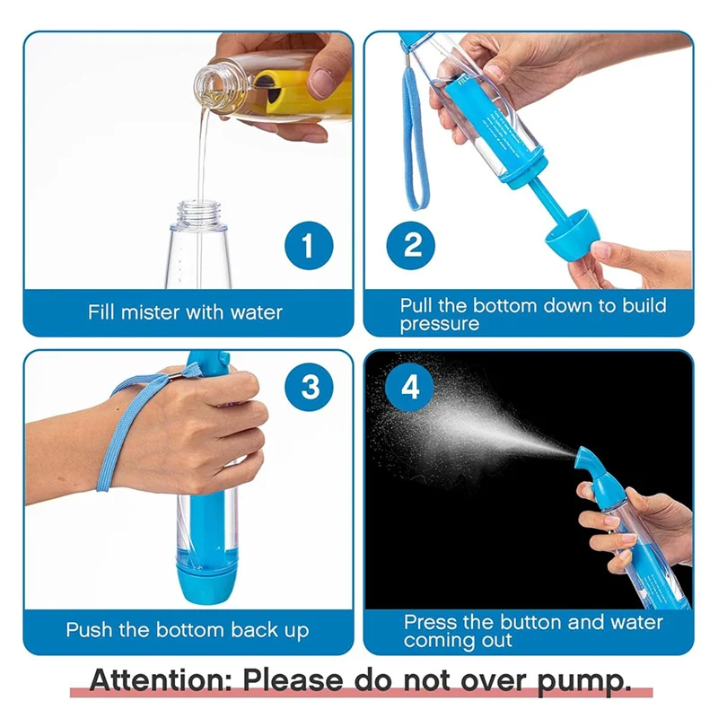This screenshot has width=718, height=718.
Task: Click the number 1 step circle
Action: (x=309, y=245)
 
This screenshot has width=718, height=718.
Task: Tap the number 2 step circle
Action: (x=412, y=245)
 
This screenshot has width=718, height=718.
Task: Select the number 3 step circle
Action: (x=309, y=389)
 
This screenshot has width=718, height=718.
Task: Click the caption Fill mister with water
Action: (x=185, y=313)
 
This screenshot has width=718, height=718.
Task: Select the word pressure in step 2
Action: (x=440, y=324)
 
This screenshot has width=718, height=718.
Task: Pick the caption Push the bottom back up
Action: (x=187, y=629)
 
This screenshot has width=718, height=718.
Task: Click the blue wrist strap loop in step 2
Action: (x=416, y=135)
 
